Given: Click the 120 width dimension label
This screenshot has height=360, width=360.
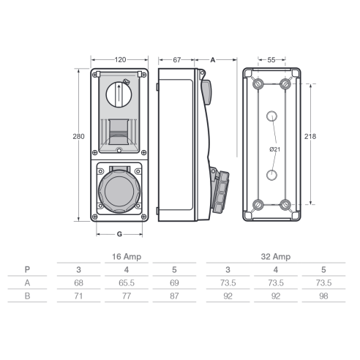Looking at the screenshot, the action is coord(120,60).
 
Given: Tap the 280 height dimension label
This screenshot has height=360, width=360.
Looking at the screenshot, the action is coord(78,136).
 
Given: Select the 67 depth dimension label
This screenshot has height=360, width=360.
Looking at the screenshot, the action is coord(177,60).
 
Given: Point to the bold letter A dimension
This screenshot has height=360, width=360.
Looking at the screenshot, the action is coord(213,60).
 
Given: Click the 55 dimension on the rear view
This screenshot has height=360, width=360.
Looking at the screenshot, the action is coord(271,60).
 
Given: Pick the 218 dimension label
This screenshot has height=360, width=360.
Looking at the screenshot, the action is coord(310,136).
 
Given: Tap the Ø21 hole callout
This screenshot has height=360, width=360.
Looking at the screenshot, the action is coord(275,149).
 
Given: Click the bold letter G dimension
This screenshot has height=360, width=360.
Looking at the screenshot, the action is coord(119,234).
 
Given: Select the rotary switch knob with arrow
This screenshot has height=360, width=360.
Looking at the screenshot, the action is coord(119,94).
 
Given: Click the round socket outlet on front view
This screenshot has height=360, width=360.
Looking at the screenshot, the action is coord(119,191).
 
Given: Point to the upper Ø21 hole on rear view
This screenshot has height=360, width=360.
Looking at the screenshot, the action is coord(271,116).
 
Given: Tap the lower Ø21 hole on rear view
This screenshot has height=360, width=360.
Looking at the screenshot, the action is coord(271,175).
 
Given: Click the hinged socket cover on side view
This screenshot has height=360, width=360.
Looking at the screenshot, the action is coord(220,192).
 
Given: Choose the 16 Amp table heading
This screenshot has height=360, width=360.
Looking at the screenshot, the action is coord(127,257).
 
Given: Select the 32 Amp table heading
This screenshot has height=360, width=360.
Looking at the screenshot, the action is coord(276,257).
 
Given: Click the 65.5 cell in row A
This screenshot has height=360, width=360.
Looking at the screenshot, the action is coord(127,282).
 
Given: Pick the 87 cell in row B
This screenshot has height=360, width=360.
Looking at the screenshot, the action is coord(174,296).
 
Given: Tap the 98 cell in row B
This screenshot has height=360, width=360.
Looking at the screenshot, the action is coord(323,296).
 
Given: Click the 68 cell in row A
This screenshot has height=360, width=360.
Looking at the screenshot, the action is coord(78,282).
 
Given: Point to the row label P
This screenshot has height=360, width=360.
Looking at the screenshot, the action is coord(27,269).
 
